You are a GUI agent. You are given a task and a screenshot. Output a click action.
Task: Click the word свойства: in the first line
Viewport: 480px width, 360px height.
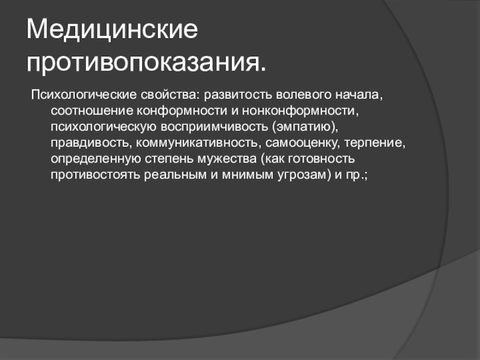tap(170, 95)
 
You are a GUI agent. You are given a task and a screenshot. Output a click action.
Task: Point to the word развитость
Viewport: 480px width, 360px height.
tap(238, 95)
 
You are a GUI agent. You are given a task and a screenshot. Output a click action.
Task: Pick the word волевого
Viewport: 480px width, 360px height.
tap(304, 95)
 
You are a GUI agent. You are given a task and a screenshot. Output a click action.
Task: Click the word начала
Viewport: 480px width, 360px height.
tap(359, 95)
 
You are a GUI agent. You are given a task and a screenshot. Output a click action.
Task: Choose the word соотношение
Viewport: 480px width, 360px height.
tap(92, 110)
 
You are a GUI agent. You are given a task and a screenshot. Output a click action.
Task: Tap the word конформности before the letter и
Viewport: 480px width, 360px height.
tap(182, 110)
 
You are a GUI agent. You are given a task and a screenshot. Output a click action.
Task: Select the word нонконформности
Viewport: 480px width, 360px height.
tap(301, 110)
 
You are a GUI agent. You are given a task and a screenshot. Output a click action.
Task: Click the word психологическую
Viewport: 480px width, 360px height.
tap(103, 127)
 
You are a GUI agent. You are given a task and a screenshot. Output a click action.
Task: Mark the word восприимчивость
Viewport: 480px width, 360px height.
tap(214, 127)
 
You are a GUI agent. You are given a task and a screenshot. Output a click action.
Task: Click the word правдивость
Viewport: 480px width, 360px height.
tap(91, 143)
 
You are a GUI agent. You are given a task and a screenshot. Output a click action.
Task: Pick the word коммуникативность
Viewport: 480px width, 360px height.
tap(198, 143)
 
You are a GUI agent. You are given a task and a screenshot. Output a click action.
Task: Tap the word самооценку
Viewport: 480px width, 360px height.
tap(302, 143)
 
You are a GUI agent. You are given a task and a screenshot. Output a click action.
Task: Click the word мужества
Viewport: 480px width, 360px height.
tap(227, 159)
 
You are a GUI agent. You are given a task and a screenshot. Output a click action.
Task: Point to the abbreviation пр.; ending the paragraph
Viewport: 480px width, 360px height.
tap(356, 175)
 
